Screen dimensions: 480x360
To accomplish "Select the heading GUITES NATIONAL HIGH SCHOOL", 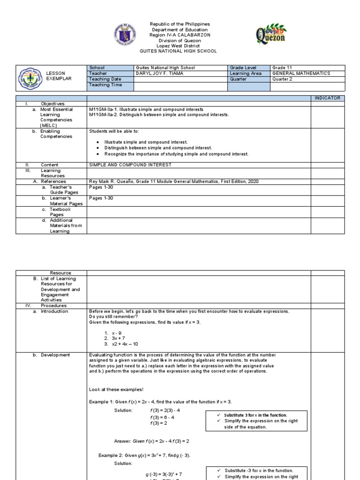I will tap(180, 51).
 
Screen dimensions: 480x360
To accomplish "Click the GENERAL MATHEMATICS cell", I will tap(301, 74).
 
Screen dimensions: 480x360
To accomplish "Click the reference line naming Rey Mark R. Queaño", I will tap(173, 181).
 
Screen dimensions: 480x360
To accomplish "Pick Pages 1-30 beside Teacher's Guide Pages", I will tap(101, 187).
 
